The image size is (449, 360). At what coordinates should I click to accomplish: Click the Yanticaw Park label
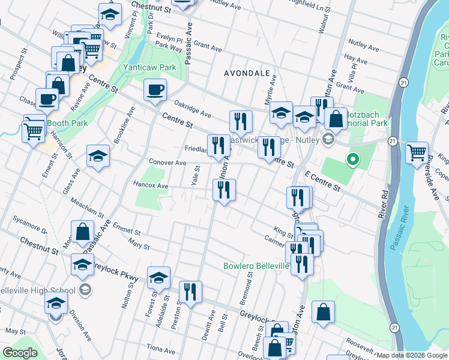click(x=149, y=68)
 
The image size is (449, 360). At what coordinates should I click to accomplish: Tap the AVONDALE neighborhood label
click(x=247, y=73)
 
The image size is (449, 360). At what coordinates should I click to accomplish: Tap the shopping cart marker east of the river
click(x=417, y=152)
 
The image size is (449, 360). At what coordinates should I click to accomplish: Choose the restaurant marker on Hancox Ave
click(x=224, y=190)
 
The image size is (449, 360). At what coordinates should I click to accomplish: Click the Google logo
click(x=20, y=353)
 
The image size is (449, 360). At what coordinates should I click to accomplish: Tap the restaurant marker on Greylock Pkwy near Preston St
click(x=190, y=293)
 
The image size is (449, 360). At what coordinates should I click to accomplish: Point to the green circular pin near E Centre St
click(x=353, y=160)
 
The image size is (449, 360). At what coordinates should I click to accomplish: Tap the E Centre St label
click(x=322, y=181)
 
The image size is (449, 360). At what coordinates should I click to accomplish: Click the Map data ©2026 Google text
click(x=411, y=355)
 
